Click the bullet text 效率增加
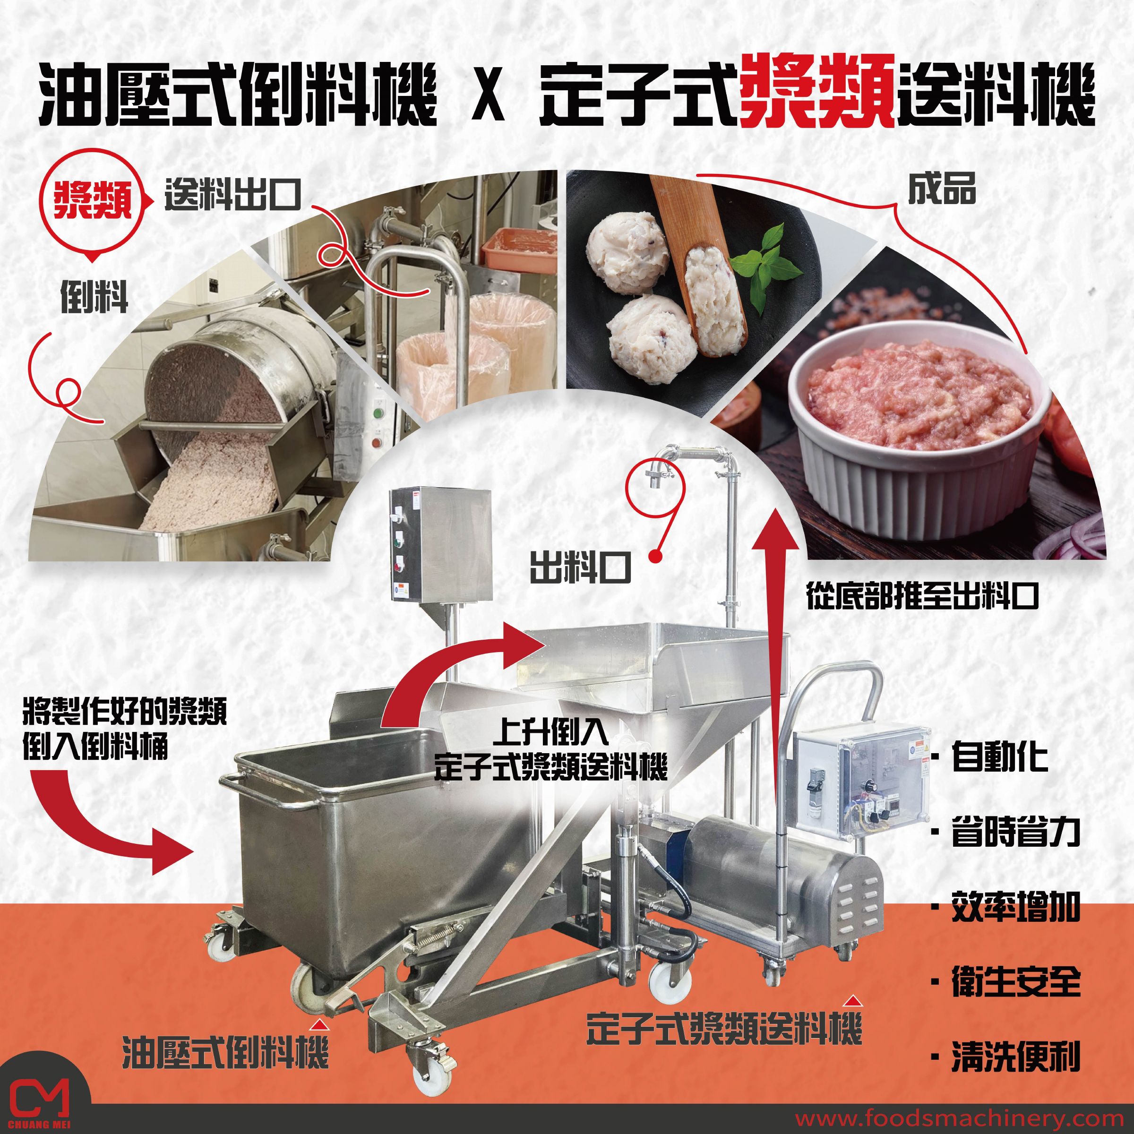[1015, 907]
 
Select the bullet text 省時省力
[1015, 832]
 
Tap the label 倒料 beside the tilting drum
[94, 299]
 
